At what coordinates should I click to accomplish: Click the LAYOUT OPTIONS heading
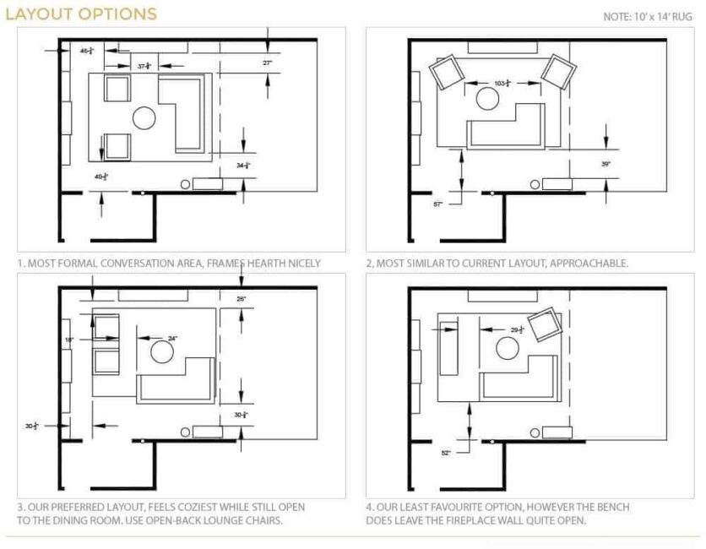point(81,14)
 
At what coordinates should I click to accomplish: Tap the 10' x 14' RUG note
point(649,16)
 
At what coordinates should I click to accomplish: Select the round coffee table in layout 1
point(142,118)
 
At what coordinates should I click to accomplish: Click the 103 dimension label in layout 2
point(502,83)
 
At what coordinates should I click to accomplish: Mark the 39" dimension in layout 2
point(606,164)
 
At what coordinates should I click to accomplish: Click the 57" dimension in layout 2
point(437,204)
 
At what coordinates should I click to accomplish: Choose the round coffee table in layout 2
point(489,99)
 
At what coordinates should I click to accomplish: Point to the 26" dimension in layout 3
point(242,299)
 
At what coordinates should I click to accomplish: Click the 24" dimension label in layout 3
point(172,338)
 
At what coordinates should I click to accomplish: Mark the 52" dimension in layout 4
point(446,453)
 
